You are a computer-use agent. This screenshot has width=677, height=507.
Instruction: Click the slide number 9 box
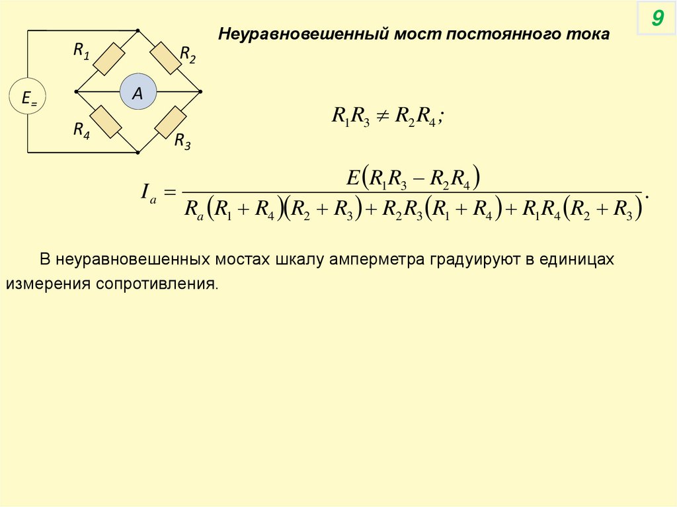(657, 19)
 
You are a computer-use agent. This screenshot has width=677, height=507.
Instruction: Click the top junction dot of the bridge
(138, 30)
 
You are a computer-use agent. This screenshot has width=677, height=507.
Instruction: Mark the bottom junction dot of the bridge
(138, 152)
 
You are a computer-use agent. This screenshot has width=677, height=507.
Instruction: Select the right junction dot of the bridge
(200, 91)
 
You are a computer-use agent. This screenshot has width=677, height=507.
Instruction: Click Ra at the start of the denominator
(192, 210)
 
